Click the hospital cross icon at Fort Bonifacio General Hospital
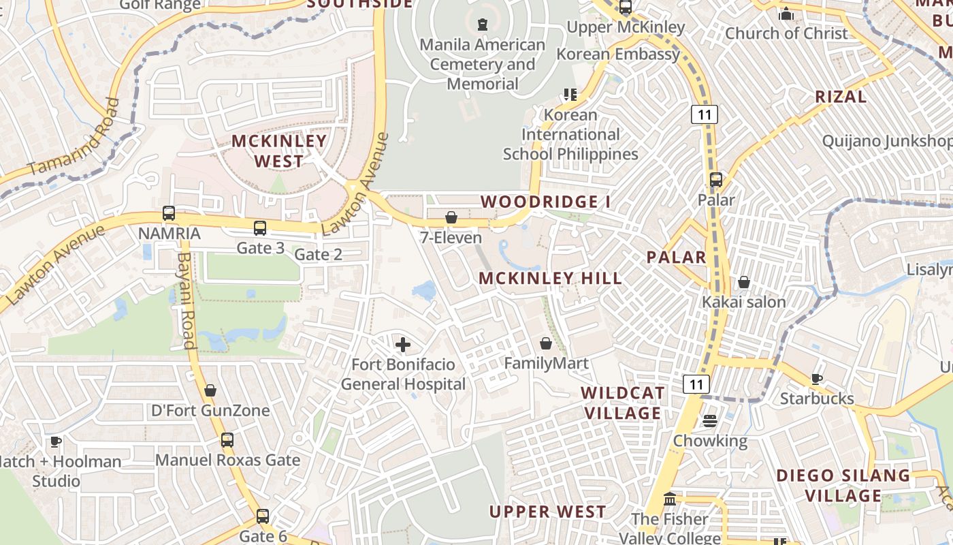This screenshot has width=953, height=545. pyautogui.click(x=403, y=345)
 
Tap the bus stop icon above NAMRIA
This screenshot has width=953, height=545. pyautogui.click(x=168, y=213)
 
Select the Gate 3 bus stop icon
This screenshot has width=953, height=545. pyautogui.click(x=260, y=228)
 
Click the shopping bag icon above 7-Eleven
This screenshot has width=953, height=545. pyautogui.click(x=451, y=217)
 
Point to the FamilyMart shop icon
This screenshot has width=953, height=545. pyautogui.click(x=545, y=343)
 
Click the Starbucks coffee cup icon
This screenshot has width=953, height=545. pyautogui.click(x=817, y=379)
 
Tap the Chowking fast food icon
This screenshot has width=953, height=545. pyautogui.click(x=710, y=421)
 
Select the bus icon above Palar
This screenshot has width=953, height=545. pyautogui.click(x=715, y=180)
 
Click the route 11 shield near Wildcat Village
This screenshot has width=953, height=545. pyautogui.click(x=696, y=384)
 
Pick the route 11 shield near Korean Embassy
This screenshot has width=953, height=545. pyautogui.click(x=704, y=114)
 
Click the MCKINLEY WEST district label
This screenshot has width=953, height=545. pyautogui.click(x=279, y=151)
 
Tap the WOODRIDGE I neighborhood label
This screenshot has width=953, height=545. pyautogui.click(x=545, y=202)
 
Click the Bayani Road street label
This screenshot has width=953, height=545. pyautogui.click(x=185, y=300)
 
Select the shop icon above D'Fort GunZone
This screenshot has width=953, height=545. pyautogui.click(x=210, y=390)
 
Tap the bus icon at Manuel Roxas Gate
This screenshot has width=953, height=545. pyautogui.click(x=227, y=440)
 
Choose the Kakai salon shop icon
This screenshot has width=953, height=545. pyautogui.click(x=743, y=282)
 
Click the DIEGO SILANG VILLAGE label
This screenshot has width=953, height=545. pyautogui.click(x=843, y=485)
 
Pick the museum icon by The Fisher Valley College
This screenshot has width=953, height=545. pyautogui.click(x=669, y=499)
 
